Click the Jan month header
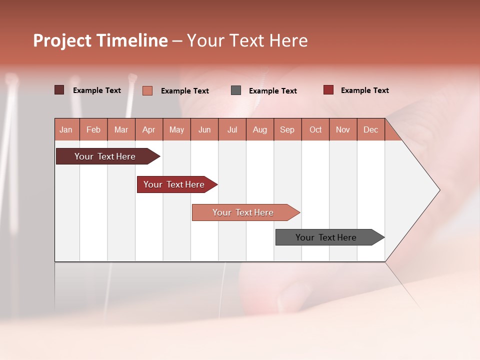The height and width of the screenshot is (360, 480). click(x=66, y=129)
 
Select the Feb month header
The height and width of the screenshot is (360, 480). click(x=93, y=129)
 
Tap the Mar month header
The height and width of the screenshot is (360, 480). click(x=121, y=129)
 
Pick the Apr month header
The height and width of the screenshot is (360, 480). click(x=149, y=129)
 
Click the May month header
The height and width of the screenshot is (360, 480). click(x=176, y=129)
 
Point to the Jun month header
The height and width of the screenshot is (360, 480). click(x=204, y=129)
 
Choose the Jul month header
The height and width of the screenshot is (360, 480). click(x=232, y=129)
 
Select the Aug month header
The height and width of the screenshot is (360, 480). click(x=260, y=129)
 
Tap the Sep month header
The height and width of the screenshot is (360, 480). click(x=287, y=129)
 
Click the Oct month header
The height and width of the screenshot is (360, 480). click(x=315, y=129)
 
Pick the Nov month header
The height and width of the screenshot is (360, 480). click(x=343, y=129)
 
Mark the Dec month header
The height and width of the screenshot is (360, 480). click(x=371, y=129)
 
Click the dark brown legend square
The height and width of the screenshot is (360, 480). click(x=59, y=90)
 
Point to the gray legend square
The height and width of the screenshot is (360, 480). click(x=236, y=90)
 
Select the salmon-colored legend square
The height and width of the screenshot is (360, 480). click(x=147, y=90)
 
